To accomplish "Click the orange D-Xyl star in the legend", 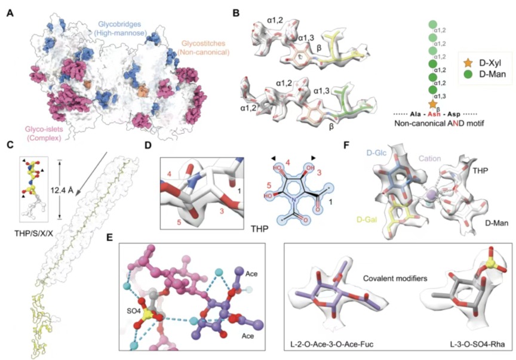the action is click(468, 63).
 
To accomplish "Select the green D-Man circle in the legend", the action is click(468, 74).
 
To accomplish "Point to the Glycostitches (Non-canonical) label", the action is click(203, 48).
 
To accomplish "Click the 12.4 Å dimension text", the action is click(62, 190).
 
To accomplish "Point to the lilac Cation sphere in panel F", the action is click(429, 196).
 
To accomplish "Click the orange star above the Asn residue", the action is click(433, 104).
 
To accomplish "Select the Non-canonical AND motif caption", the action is click(439, 124).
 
